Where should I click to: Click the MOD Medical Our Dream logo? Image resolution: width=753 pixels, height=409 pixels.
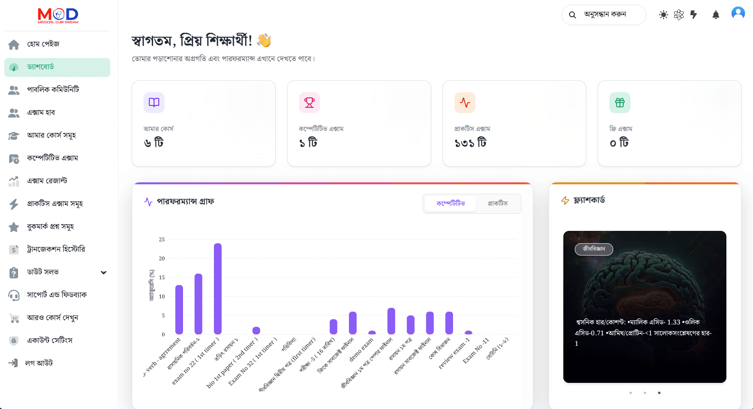pyautogui.click(x=58, y=15)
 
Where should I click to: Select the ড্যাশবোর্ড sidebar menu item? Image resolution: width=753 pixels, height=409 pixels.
pyautogui.click(x=57, y=67)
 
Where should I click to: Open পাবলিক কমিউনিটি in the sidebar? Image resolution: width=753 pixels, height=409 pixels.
pyautogui.click(x=53, y=89)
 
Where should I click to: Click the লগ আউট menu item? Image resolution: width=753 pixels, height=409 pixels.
pyautogui.click(x=39, y=363)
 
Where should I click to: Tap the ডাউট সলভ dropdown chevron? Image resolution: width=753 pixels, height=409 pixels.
pyautogui.click(x=104, y=272)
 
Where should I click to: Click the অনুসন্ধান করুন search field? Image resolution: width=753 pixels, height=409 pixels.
pyautogui.click(x=605, y=15)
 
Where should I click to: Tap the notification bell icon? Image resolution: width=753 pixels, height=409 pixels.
pyautogui.click(x=715, y=15)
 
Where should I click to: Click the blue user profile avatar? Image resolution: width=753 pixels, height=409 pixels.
pyautogui.click(x=738, y=13)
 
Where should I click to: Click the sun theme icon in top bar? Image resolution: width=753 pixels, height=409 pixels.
pyautogui.click(x=663, y=15)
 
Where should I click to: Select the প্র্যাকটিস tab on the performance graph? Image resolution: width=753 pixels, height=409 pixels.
pyautogui.click(x=497, y=203)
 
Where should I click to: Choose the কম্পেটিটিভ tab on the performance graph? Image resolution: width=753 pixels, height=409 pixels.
pyautogui.click(x=450, y=203)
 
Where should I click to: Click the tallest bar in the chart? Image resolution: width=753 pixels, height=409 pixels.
pyautogui.click(x=218, y=288)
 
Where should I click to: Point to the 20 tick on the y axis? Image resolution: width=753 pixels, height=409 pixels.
pyautogui.click(x=162, y=258)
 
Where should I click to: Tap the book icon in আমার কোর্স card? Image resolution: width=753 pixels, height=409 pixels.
pyautogui.click(x=154, y=103)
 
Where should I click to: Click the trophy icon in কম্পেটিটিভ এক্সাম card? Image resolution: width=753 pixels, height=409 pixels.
pyautogui.click(x=309, y=103)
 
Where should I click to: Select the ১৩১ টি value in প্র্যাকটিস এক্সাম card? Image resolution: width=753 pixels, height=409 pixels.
pyautogui.click(x=471, y=143)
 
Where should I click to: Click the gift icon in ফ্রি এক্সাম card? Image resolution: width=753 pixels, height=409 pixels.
pyautogui.click(x=620, y=103)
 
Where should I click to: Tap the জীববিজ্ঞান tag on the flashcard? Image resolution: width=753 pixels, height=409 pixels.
pyautogui.click(x=594, y=249)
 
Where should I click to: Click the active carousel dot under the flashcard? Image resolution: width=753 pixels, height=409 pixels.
pyautogui.click(x=659, y=393)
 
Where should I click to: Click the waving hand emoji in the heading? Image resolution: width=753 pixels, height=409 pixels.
pyautogui.click(x=264, y=40)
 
